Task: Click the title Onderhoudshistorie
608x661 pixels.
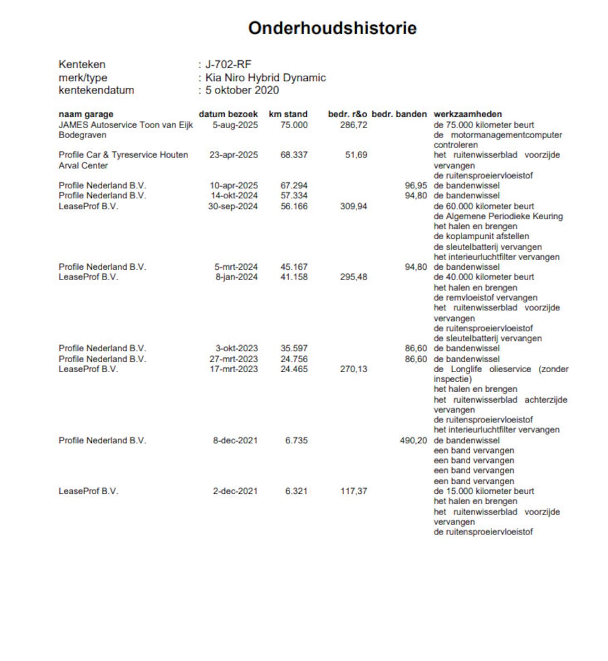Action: coord(332,28)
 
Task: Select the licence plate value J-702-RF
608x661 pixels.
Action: coord(228,65)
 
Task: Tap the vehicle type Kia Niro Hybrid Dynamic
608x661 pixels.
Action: coord(266,78)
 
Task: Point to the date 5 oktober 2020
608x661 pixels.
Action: coord(242,90)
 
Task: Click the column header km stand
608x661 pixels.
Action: coord(288,114)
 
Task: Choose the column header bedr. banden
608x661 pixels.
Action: coord(399,114)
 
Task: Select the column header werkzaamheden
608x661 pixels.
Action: coord(467,114)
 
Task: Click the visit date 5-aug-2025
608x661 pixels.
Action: coord(235,125)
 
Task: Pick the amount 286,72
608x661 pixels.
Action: coord(353,125)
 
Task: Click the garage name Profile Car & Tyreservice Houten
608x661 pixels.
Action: coord(123,155)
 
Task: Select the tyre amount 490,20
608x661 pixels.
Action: coord(413,441)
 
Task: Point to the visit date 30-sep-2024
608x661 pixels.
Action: coord(233,207)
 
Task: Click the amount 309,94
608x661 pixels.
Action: coord(353,207)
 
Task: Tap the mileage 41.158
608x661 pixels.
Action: coord(294,277)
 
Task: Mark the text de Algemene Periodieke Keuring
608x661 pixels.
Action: coord(498,217)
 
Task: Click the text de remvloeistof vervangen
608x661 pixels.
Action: coord(485,298)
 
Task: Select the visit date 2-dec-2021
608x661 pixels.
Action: coord(235,491)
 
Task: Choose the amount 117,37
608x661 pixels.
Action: coord(353,491)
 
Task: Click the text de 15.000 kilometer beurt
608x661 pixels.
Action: coord(484,491)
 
